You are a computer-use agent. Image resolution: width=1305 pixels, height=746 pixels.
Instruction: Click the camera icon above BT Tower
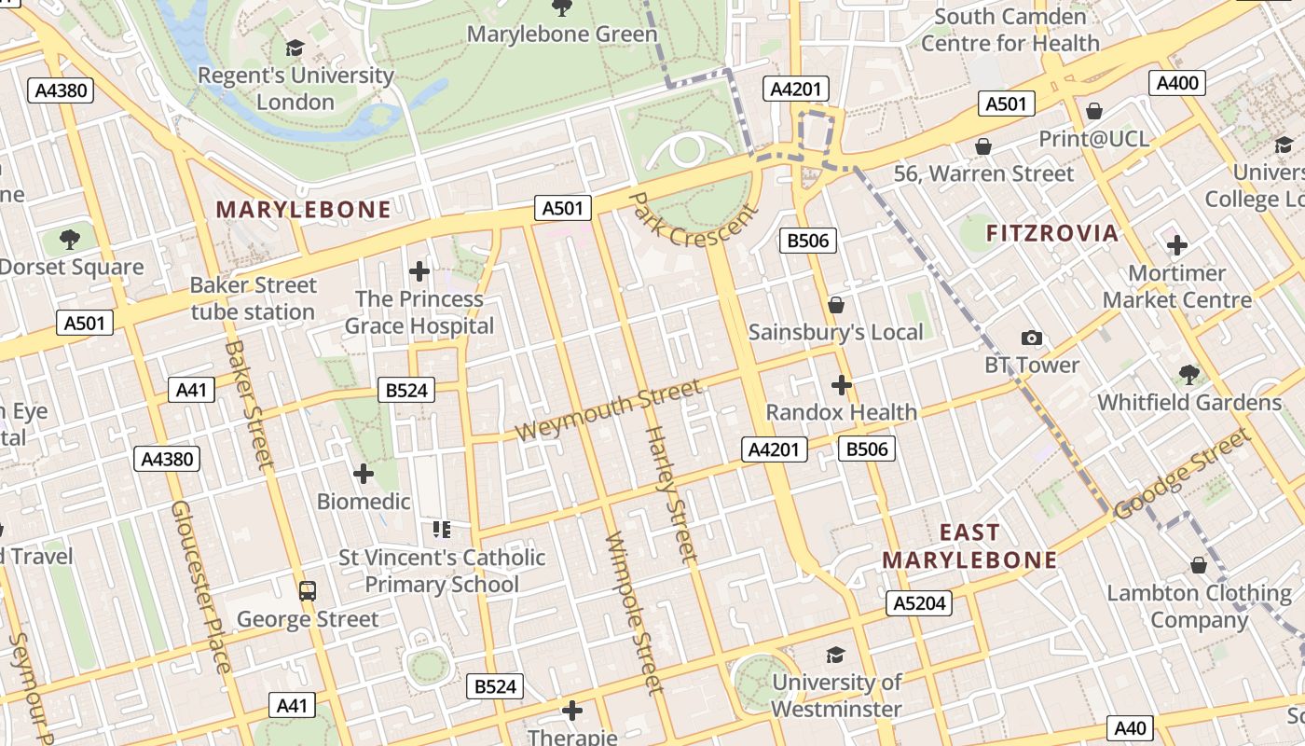(x=1031, y=338)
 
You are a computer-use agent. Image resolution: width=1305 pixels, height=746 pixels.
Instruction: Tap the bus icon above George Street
(x=307, y=590)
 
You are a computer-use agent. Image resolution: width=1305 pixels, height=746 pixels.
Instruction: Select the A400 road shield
(x=1176, y=83)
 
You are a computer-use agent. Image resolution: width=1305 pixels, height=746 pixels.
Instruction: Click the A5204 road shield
(x=919, y=603)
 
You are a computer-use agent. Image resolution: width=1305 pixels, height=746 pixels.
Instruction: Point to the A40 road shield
(x=1130, y=727)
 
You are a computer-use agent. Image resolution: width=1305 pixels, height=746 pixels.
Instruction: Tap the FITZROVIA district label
(x=1051, y=233)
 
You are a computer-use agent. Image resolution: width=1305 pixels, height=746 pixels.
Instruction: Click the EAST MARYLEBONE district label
(x=969, y=546)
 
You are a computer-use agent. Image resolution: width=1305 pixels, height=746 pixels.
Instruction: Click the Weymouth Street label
(x=608, y=411)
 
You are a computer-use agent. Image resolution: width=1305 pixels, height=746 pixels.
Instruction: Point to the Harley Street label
(x=671, y=494)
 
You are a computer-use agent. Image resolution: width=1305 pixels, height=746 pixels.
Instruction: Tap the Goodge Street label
(x=1182, y=474)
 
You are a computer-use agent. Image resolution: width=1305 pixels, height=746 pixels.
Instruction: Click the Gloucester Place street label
(x=199, y=586)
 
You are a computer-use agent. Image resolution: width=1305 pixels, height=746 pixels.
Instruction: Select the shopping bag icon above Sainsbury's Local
(x=835, y=305)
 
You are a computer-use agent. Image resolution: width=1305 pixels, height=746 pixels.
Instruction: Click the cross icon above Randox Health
(x=841, y=384)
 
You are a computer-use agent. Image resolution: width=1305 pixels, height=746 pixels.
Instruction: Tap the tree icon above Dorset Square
(x=70, y=240)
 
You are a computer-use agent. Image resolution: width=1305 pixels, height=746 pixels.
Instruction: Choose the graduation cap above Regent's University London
(x=295, y=48)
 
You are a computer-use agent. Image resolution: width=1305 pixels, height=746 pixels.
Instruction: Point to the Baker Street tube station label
(x=254, y=298)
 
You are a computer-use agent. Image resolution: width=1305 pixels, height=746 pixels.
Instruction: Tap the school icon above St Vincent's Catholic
(x=441, y=530)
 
